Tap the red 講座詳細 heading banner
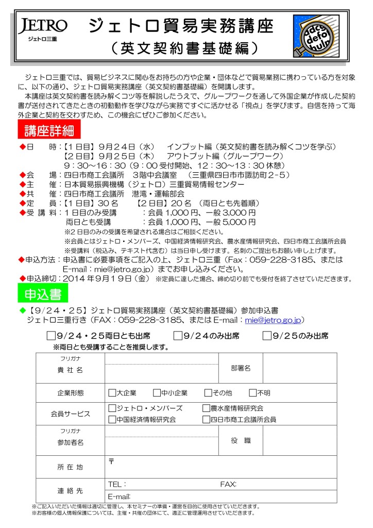click(49, 130)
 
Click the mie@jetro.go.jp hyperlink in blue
click(273, 320)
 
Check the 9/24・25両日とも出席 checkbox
click(51, 336)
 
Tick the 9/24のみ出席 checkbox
click(178, 336)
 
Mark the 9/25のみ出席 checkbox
click(267, 336)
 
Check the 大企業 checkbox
click(112, 393)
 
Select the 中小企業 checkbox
click(157, 393)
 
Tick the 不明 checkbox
click(252, 393)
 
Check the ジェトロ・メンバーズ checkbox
click(112, 408)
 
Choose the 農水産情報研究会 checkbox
click(206, 408)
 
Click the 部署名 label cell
click(241, 368)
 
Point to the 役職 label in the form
click(241, 440)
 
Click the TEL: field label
click(117, 484)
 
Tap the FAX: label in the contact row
click(228, 484)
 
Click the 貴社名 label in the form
click(70, 370)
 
